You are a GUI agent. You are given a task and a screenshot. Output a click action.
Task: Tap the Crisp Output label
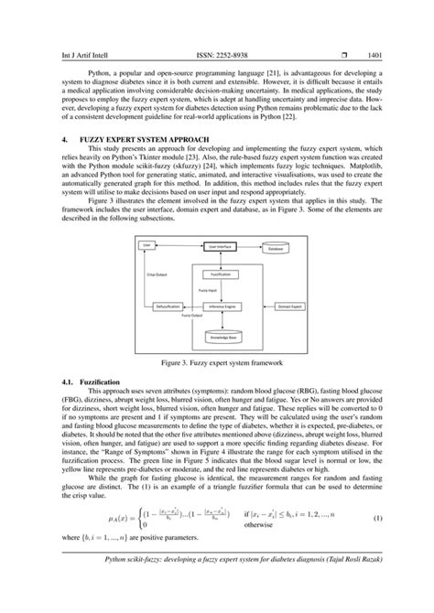157,273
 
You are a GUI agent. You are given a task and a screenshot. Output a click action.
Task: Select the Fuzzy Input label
207,289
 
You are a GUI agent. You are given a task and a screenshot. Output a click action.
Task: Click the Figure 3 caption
217,364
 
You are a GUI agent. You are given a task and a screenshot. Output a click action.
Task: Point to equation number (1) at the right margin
404,545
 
